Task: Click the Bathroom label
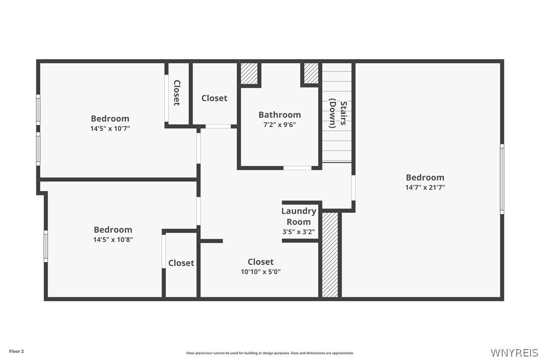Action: pyautogui.click(x=279, y=115)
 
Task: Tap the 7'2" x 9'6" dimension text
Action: pyautogui.click(x=279, y=125)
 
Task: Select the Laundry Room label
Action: pyautogui.click(x=299, y=216)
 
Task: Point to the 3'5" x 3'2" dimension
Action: pyautogui.click(x=298, y=232)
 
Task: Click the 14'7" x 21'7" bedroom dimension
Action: pyautogui.click(x=425, y=187)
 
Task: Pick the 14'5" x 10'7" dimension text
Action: pyautogui.click(x=110, y=128)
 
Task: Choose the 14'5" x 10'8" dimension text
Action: pyautogui.click(x=113, y=240)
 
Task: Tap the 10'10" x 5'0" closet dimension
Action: pyautogui.click(x=261, y=272)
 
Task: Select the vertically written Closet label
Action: pyautogui.click(x=177, y=92)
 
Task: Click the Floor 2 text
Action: pyautogui.click(x=16, y=352)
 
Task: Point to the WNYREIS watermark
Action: pyautogui.click(x=514, y=353)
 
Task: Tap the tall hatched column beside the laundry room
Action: pyautogui.click(x=330, y=255)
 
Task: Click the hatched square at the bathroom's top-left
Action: pyautogui.click(x=249, y=73)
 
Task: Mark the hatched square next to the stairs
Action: pyautogui.click(x=311, y=73)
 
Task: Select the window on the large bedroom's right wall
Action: pyautogui.click(x=502, y=179)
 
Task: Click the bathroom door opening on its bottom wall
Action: pyautogui.click(x=297, y=168)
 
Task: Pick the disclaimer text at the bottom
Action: pyautogui.click(x=270, y=353)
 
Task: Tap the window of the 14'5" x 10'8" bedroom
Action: pyautogui.click(x=46, y=246)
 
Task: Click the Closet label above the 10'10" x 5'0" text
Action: pyautogui.click(x=261, y=262)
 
